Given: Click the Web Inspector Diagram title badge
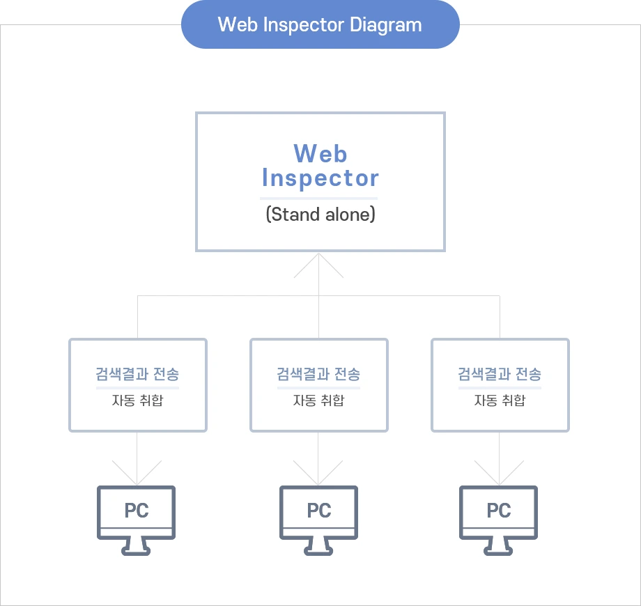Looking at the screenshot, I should tap(320, 25).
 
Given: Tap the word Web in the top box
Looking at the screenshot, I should tap(320, 153).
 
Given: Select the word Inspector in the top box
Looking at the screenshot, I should tap(320, 178).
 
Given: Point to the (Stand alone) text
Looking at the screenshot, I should tap(320, 215).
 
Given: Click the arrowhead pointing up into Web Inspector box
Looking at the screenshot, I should tap(318, 262).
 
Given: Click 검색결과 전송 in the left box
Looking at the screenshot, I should tap(137, 374).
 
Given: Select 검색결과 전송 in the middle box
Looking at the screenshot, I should tap(318, 374).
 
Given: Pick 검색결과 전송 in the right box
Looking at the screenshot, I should tap(500, 374).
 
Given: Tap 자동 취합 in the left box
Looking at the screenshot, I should tap(137, 401).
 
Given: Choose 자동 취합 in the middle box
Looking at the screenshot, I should tap(318, 401).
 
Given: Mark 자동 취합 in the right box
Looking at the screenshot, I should tap(500, 401).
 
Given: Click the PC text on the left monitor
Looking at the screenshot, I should tap(137, 511).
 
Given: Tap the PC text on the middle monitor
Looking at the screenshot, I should tap(319, 511).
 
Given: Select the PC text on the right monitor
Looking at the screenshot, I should tap(499, 511).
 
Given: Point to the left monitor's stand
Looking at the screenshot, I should tap(137, 547).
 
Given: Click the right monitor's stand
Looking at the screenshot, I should tap(499, 547).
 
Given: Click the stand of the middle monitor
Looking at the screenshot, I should tap(319, 547).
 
